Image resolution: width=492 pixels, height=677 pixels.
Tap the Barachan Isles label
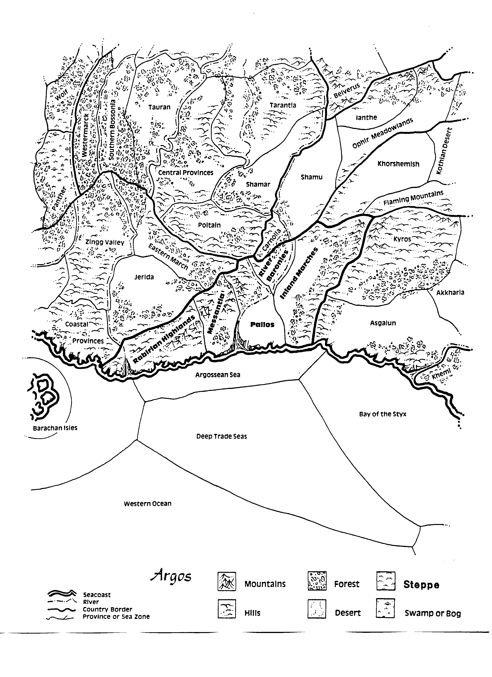pos(55,428)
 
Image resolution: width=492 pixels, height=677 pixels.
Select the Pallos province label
pos(262,325)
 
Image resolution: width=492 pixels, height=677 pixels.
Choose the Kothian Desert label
pos(445,151)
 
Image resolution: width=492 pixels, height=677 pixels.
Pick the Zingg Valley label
pos(105,242)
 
